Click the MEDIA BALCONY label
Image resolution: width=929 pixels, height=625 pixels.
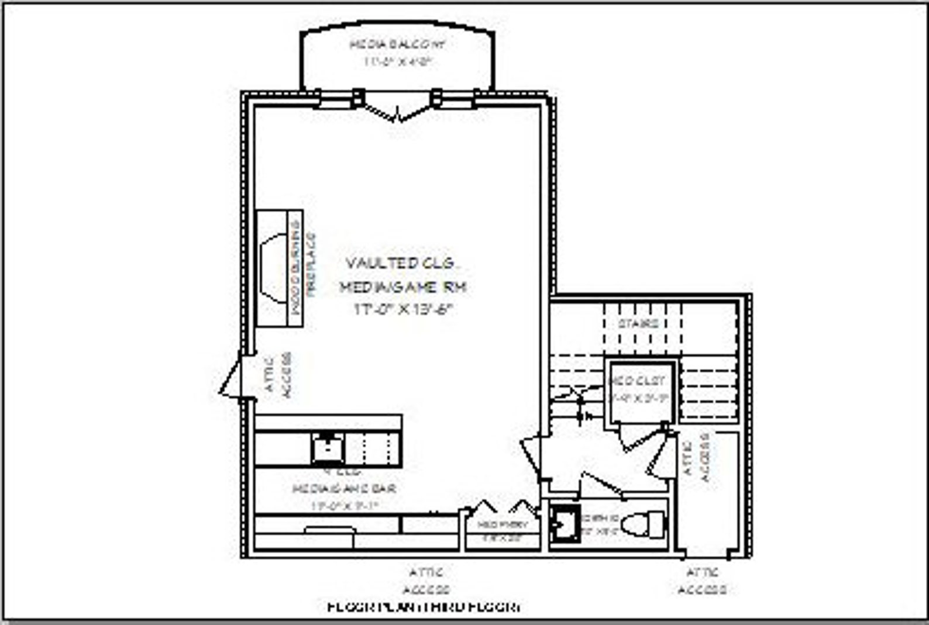(x=397, y=44)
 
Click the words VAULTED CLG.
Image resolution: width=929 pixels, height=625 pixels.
(x=400, y=264)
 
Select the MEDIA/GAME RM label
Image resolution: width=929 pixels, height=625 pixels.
(x=404, y=287)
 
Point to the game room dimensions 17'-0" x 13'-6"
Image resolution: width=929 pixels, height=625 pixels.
(x=403, y=310)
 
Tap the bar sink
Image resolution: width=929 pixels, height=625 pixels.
(x=328, y=449)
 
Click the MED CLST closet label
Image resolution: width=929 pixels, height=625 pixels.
(x=638, y=381)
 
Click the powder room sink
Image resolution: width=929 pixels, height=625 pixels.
(x=563, y=524)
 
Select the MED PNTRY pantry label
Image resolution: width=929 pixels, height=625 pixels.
(x=503, y=525)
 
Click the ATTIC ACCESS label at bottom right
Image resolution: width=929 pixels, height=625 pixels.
(x=703, y=581)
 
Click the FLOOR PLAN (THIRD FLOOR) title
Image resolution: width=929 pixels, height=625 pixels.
(x=425, y=607)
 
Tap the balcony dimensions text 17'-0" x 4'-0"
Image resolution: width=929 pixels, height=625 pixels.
(x=397, y=61)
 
